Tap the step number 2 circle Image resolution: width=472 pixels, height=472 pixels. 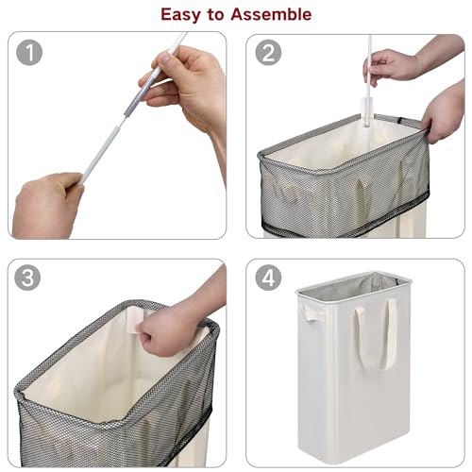pos(268,53)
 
